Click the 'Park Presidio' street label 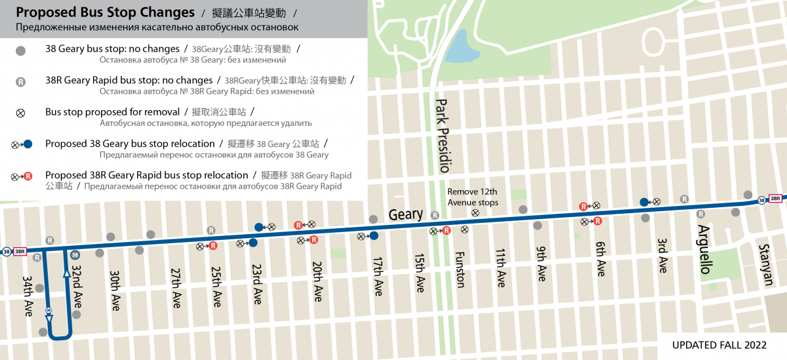click(443, 135)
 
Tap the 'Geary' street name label click(405, 214)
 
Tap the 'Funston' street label click(460, 270)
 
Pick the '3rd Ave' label click(662, 255)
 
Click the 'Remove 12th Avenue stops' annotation click(472, 197)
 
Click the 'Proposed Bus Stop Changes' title click(106, 12)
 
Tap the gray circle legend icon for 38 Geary click(20, 50)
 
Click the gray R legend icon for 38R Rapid click(20, 82)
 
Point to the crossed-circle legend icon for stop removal click(20, 113)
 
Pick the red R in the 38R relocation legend click(28, 176)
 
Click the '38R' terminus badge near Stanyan click(775, 199)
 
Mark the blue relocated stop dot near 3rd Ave click(645, 202)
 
